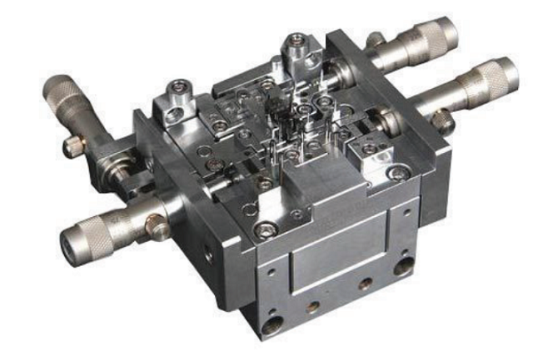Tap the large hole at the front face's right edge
coord(404,265)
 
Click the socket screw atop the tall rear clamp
coord(296,42)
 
